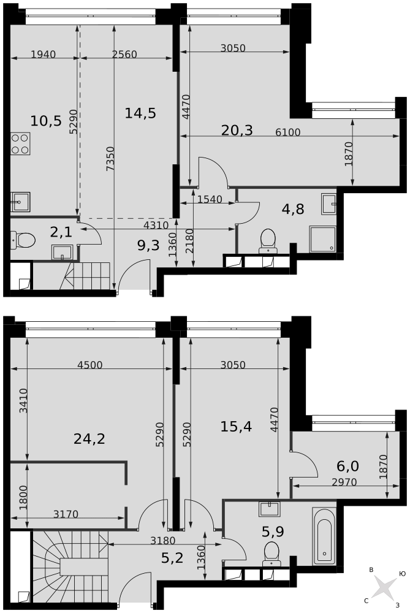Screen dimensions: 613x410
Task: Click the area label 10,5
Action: [46, 120]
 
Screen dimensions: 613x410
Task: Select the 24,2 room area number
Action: [89, 438]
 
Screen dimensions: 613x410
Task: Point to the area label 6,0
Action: [347, 466]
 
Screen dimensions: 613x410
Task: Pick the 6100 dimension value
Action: [288, 132]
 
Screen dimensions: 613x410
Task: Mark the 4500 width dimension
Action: [89, 365]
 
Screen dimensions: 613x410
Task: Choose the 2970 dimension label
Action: [344, 482]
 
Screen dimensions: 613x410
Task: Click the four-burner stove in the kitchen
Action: [20, 143]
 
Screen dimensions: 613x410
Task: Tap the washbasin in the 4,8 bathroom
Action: [328, 203]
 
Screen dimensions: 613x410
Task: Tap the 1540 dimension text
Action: [210, 199]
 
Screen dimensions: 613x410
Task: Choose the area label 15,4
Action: [236, 426]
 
